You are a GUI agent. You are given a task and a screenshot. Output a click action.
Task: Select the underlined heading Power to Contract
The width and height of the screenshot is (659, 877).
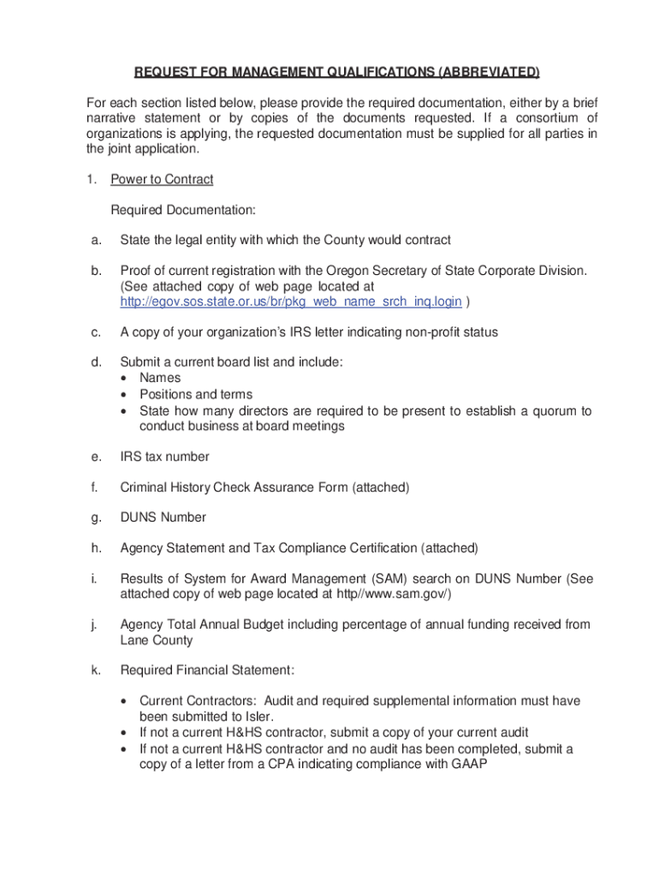click(x=162, y=179)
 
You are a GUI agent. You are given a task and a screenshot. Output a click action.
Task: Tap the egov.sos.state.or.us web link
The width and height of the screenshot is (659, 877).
click(x=291, y=301)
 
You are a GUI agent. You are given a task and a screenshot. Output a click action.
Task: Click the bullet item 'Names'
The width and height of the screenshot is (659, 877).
click(x=160, y=378)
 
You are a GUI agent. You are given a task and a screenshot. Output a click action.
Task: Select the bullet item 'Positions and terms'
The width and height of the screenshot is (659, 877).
click(x=196, y=394)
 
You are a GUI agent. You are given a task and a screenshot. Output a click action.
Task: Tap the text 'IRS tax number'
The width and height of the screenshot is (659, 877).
click(x=164, y=457)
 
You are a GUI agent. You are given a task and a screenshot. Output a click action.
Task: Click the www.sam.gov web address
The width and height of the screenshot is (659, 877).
click(x=393, y=594)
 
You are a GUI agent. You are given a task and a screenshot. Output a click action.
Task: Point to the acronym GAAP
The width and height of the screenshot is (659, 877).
click(x=468, y=764)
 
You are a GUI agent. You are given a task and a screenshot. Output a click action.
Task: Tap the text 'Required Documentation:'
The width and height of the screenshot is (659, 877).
click(x=183, y=210)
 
